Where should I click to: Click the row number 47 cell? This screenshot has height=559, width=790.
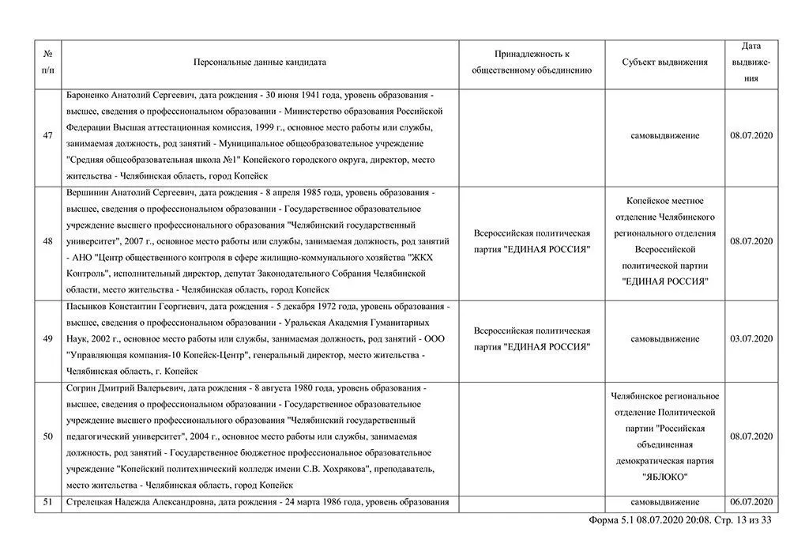48,136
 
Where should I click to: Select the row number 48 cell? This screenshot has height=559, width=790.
48,241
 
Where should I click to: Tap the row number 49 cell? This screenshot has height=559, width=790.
48,339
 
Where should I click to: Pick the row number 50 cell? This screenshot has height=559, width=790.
48,436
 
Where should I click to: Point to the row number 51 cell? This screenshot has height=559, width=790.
48,502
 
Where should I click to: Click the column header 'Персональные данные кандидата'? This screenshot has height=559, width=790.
260,62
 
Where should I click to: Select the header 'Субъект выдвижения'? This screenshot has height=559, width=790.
664,62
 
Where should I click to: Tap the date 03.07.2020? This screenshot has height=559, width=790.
751,339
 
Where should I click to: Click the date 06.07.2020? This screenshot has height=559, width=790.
751,502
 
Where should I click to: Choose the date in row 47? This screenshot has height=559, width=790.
751,136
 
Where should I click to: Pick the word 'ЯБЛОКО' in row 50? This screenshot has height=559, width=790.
664,477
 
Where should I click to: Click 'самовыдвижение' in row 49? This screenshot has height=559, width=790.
664,339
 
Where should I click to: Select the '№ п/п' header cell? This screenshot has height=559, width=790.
48,62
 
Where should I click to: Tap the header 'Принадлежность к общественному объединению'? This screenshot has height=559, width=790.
532,62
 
